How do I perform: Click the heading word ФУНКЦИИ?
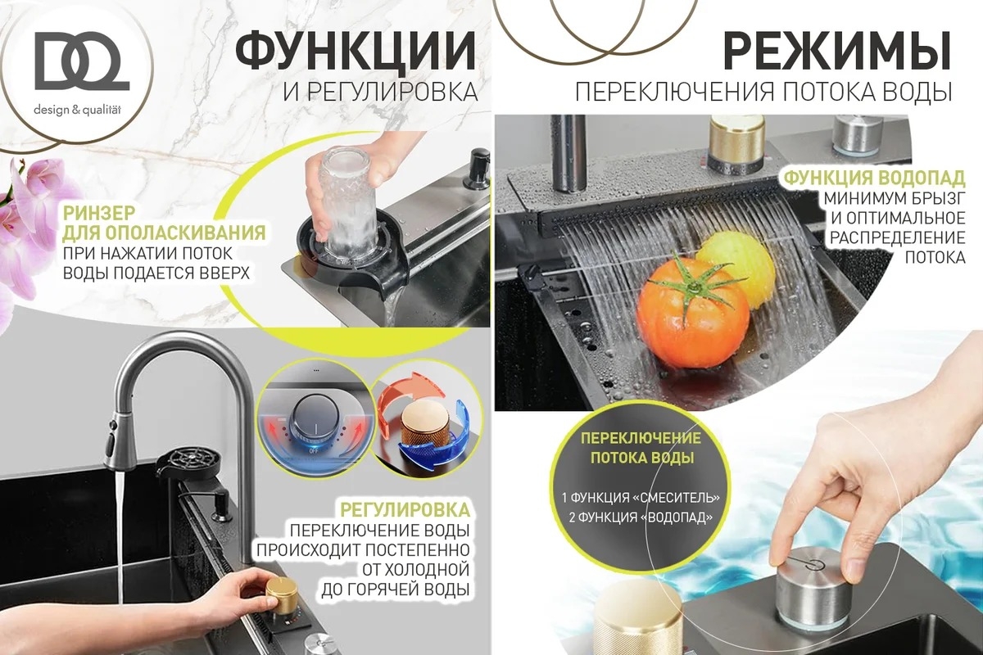coord(356,51)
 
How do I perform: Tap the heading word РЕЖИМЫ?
coord(837,51)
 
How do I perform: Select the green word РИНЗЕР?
coord(99,213)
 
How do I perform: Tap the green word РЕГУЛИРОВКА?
coord(405,510)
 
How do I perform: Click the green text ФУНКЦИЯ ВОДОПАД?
coord(875,178)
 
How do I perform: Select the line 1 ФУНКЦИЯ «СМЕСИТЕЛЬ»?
coord(641,498)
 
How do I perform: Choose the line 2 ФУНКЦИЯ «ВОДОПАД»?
coord(641,517)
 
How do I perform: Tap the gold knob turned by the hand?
coord(281,594)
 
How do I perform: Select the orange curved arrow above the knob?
coord(410,395)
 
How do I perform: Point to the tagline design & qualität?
coord(77,110)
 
